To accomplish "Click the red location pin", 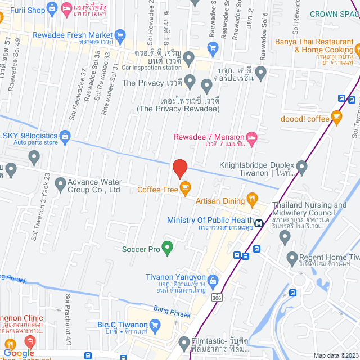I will (x=179, y=168).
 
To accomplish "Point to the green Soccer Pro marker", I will (x=167, y=247).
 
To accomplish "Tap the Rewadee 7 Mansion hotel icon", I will (x=252, y=137).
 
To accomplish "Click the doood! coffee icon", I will (x=337, y=118).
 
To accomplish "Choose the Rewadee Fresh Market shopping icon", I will (x=119, y=34).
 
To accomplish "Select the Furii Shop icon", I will (x=52, y=8).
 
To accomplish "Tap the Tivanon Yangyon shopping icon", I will (x=213, y=280).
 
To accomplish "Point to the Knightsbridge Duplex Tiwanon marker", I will (x=302, y=166).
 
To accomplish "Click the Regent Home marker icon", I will (x=292, y=259).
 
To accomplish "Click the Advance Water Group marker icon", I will (x=57, y=183).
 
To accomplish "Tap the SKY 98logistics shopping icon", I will (x=65, y=136).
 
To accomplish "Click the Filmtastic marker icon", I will (x=183, y=341).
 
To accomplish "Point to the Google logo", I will (x=19, y=353).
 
